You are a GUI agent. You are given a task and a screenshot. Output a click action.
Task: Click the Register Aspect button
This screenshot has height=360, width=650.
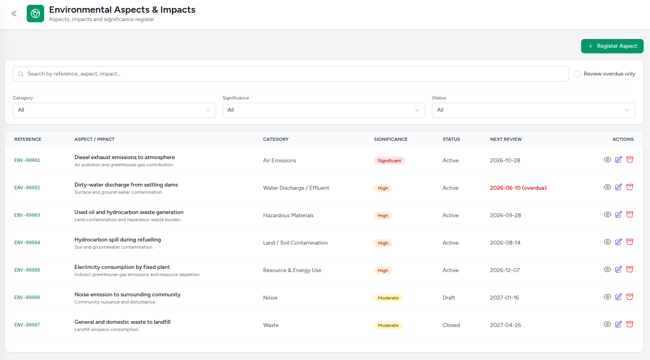[612, 46]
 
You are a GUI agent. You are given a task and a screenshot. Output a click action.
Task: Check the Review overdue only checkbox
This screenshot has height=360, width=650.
[577, 74]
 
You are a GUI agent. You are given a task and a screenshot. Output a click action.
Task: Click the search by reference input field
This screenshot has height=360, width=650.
[291, 74]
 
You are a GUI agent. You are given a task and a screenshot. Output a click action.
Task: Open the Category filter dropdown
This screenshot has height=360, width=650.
[114, 110]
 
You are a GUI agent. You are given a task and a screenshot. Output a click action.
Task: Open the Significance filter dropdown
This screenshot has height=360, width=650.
[324, 110]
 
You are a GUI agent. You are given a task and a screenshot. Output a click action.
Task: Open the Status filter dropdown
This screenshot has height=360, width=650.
[533, 110]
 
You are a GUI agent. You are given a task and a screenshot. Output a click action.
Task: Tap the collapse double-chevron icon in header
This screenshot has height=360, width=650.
[14, 14]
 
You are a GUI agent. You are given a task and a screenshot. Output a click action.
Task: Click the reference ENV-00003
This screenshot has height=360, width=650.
[27, 215]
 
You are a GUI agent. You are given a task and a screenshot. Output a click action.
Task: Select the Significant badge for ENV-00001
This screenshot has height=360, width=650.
[389, 161]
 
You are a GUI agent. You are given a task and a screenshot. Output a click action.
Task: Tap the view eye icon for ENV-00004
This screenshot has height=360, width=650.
[607, 242]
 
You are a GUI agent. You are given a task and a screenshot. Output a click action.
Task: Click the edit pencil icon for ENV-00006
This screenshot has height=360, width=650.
[619, 297]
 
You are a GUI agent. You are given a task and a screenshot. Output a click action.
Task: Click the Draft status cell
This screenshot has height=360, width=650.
[449, 298]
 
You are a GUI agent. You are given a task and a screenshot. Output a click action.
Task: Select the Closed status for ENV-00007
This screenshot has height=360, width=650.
[451, 325]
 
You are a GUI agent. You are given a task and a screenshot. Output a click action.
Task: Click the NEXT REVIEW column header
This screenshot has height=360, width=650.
[506, 139]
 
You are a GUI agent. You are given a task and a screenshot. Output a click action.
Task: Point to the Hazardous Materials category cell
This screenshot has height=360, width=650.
[288, 215]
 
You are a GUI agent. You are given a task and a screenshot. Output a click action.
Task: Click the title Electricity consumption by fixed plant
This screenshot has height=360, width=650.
[122, 267]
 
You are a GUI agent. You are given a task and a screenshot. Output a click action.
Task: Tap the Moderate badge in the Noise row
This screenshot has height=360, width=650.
[388, 298]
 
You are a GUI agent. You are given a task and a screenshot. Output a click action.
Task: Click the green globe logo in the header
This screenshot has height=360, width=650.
[35, 14]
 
